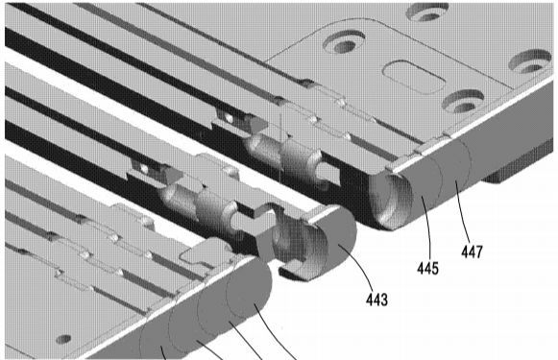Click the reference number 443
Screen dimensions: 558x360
click(x=376, y=300)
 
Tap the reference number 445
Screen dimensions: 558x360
click(x=427, y=268)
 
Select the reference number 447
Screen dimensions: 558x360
click(x=472, y=252)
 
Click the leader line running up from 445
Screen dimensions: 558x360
click(x=427, y=227)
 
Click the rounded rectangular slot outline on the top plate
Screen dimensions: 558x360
click(x=414, y=77)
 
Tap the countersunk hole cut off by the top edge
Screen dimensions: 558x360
click(x=427, y=12)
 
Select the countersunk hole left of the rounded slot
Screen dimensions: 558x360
click(x=344, y=41)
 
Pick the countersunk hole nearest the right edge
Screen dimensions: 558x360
click(x=530, y=61)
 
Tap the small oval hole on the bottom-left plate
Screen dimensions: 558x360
click(x=63, y=339)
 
